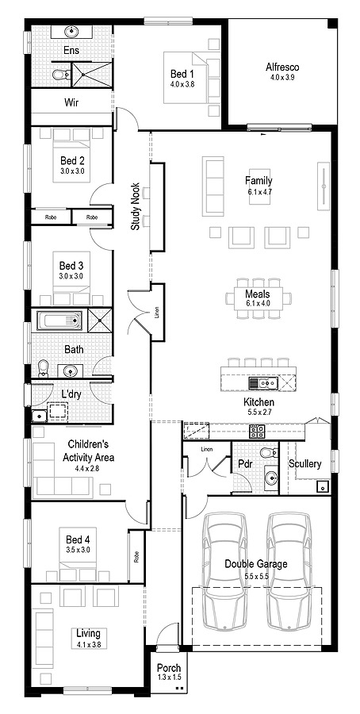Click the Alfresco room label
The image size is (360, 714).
point(281,67)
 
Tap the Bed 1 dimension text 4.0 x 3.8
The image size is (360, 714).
point(182,84)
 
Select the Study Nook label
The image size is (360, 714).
point(136,207)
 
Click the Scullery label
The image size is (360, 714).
point(305,463)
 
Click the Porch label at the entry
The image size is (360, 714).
point(168,669)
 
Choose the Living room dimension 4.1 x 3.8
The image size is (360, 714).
point(88,644)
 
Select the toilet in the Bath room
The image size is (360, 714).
point(44,368)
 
